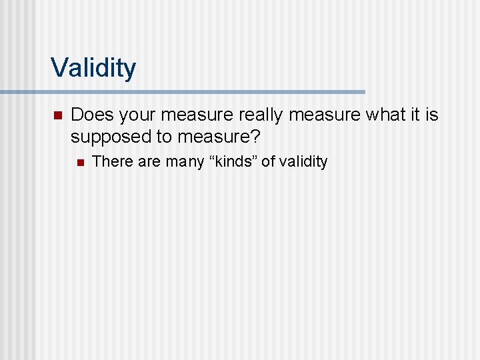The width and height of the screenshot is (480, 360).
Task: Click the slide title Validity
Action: click(x=93, y=67)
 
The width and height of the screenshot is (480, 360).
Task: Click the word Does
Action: click(x=91, y=115)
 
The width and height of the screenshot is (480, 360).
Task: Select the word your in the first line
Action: click(x=135, y=115)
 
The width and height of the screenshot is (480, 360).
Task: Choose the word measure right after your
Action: click(x=193, y=115)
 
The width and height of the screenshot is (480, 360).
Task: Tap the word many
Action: click(x=186, y=161)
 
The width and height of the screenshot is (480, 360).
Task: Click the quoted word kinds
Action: click(x=233, y=161)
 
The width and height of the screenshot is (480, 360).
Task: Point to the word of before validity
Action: click(x=267, y=161)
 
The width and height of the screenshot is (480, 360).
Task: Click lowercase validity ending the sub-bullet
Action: click(x=303, y=161)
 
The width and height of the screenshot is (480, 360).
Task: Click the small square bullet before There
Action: click(x=79, y=161)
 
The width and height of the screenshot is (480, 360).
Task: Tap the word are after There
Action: click(x=149, y=161)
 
